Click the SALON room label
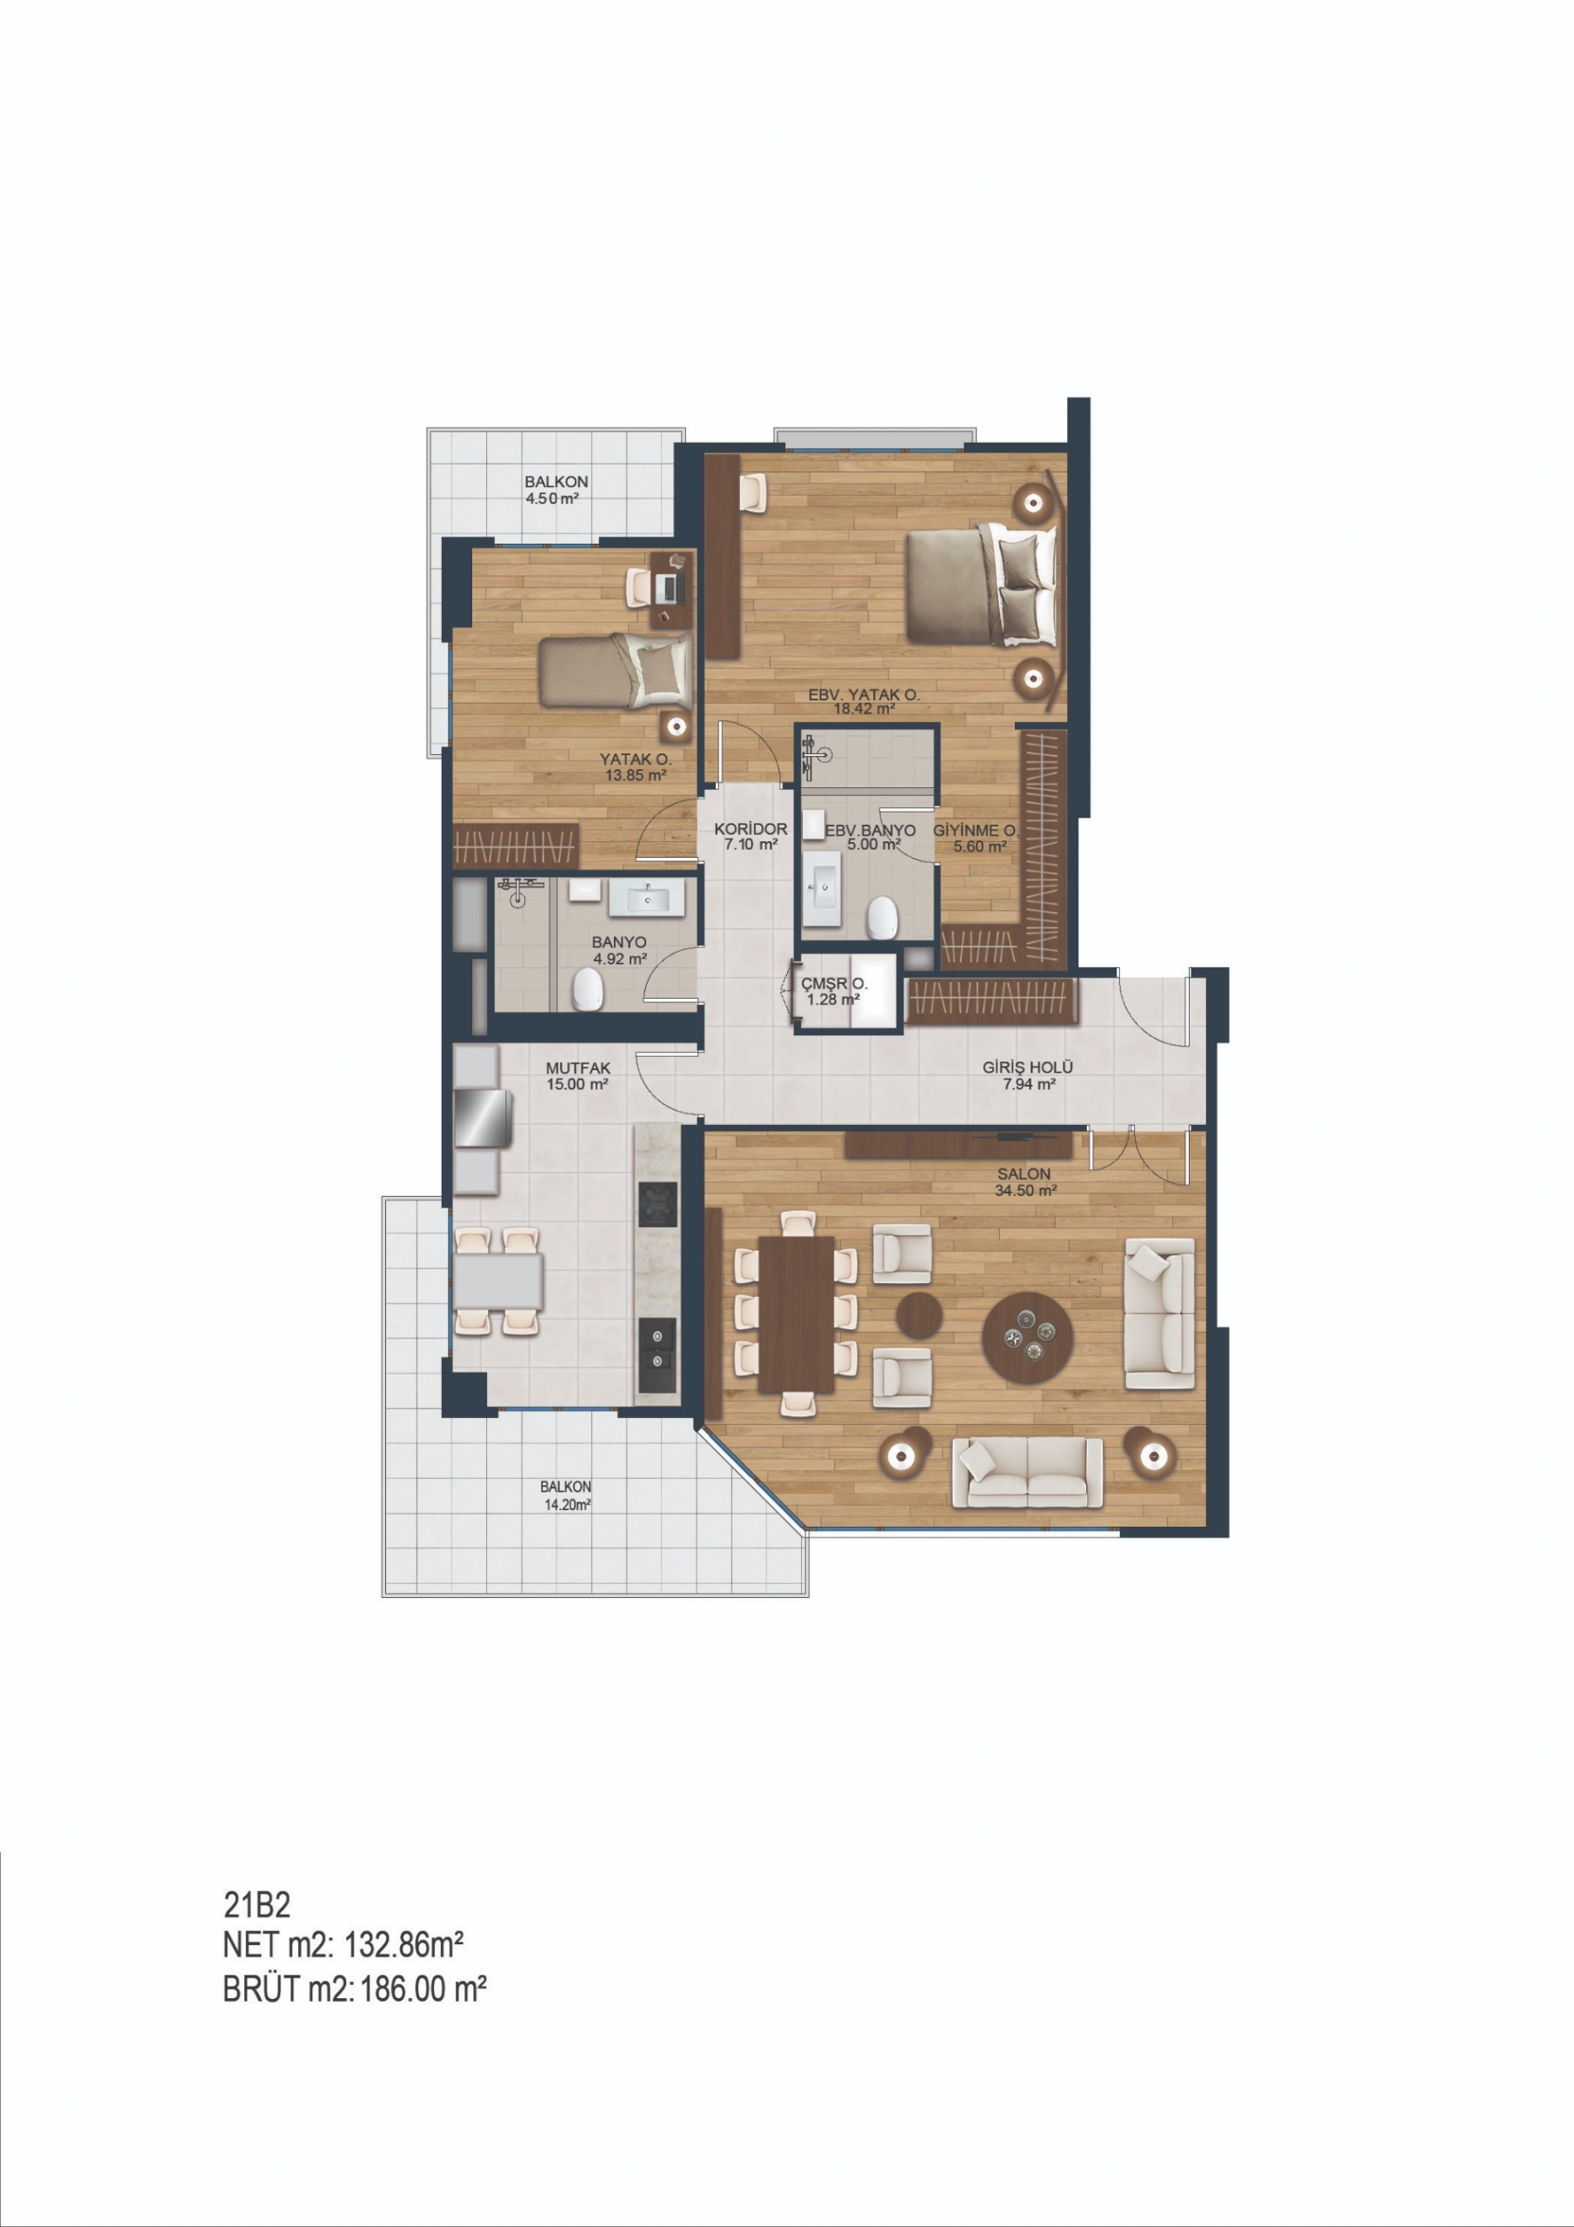click(1024, 1174)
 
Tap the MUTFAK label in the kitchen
click(578, 1068)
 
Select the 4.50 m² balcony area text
click(552, 498)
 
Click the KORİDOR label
click(750, 829)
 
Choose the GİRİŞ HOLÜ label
click(1028, 1067)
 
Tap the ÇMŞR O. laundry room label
click(834, 984)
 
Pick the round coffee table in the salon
click(1027, 1340)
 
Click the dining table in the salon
click(797, 1314)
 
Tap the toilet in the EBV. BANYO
click(882, 918)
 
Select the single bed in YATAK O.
click(616, 670)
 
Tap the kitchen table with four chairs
click(498, 1281)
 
